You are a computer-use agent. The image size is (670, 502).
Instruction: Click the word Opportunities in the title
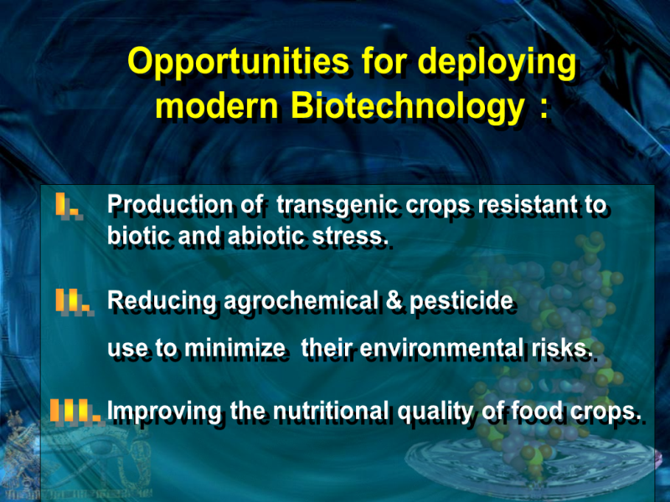tap(239, 62)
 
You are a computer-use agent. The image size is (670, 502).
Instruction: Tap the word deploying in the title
tap(497, 62)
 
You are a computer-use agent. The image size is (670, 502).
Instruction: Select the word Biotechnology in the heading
tap(408, 106)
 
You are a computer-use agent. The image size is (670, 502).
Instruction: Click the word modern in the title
tap(217, 106)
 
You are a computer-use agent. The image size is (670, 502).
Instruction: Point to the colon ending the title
tap(544, 110)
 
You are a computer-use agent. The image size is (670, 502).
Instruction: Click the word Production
tap(170, 204)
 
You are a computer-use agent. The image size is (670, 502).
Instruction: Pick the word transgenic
tap(338, 205)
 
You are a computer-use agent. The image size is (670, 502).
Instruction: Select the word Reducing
tap(162, 301)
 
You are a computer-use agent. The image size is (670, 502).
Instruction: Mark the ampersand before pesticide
tap(394, 300)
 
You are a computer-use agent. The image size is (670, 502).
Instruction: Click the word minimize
tap(234, 348)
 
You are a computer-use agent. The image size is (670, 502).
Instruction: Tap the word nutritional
tap(331, 411)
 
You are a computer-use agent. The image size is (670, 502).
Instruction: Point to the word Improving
tap(164, 412)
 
